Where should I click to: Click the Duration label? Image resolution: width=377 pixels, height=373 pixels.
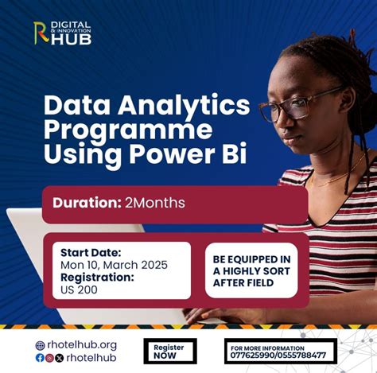[86, 203]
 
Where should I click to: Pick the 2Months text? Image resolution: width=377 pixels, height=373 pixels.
[154, 203]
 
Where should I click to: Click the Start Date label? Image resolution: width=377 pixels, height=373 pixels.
[92, 253]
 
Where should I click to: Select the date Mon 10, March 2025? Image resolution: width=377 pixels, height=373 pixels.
[114, 265]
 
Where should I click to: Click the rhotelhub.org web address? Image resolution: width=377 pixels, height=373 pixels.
[82, 345]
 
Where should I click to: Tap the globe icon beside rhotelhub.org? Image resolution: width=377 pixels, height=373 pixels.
[41, 345]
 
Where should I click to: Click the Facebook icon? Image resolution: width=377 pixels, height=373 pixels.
[40, 358]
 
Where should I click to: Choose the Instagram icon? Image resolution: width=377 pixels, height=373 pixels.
[49, 358]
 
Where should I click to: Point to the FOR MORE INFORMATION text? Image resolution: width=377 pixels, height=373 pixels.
[267, 348]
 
